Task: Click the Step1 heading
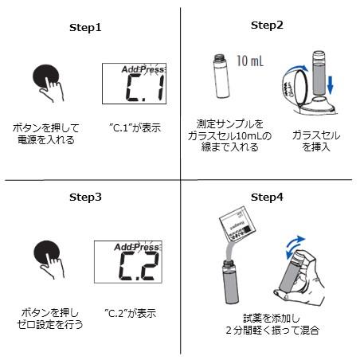(86, 27)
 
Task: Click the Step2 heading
(267, 25)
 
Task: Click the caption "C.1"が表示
(135, 127)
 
